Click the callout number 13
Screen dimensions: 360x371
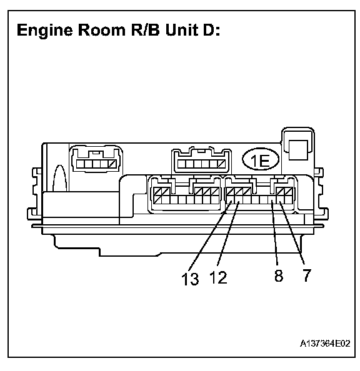[x=190, y=279]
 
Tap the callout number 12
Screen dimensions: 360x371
[x=218, y=277]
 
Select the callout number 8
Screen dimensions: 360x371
[x=279, y=275]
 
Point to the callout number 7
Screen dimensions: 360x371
[x=306, y=275]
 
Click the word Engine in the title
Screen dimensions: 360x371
[x=45, y=31]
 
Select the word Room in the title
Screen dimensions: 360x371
[x=102, y=30]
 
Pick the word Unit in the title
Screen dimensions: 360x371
[x=182, y=30]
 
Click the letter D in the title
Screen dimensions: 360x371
[x=209, y=30]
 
